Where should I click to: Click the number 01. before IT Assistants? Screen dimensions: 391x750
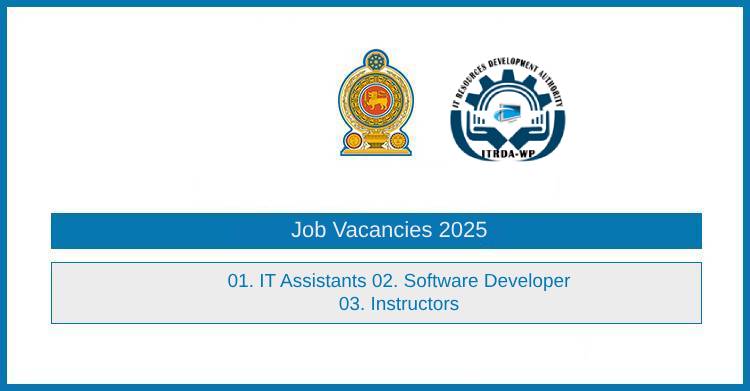(x=241, y=281)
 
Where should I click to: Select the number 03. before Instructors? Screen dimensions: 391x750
(x=352, y=304)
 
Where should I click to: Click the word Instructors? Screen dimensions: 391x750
(x=415, y=304)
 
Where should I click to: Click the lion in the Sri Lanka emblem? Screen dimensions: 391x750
(x=375, y=101)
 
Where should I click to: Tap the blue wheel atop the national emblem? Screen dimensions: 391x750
(x=375, y=59)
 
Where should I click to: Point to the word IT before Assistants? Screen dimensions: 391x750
(x=267, y=281)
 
